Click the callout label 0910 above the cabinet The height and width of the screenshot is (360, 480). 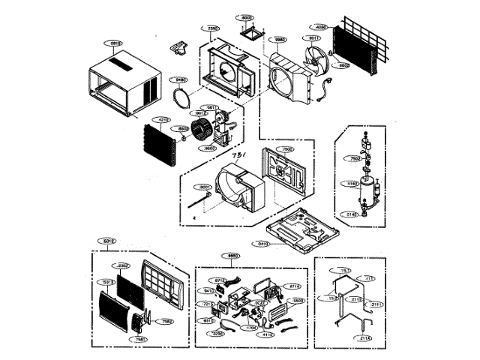(115, 43)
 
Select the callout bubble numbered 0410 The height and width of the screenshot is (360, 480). (263, 244)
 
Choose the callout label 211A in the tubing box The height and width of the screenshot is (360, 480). (365, 338)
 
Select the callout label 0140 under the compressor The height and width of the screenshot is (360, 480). (352, 215)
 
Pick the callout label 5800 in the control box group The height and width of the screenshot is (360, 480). (297, 300)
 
